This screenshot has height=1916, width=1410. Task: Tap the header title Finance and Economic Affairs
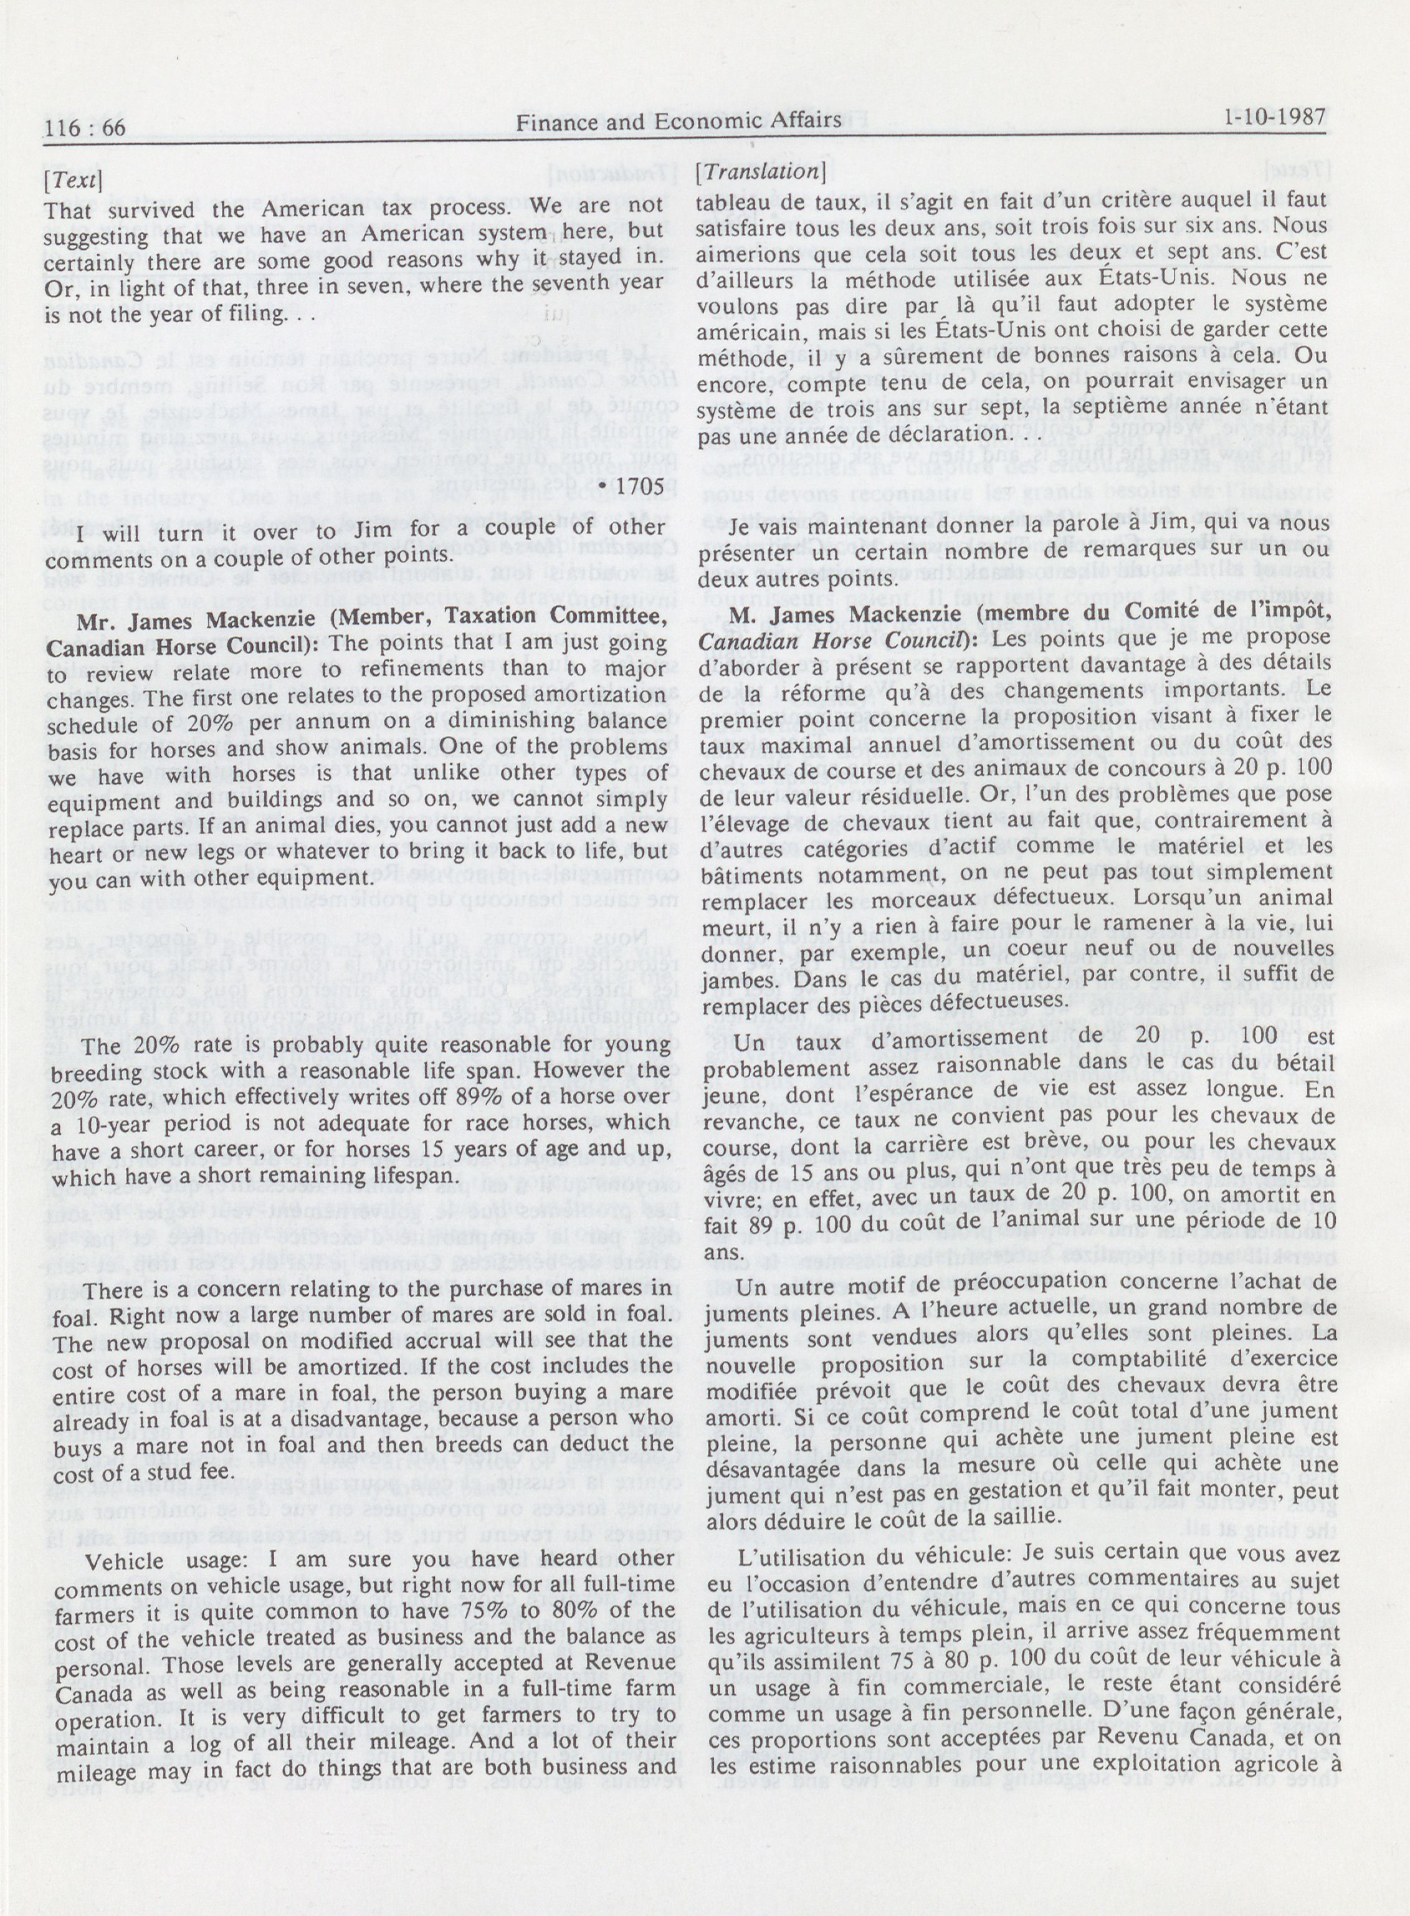tap(679, 122)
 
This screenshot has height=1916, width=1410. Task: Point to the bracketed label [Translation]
tap(760, 171)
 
